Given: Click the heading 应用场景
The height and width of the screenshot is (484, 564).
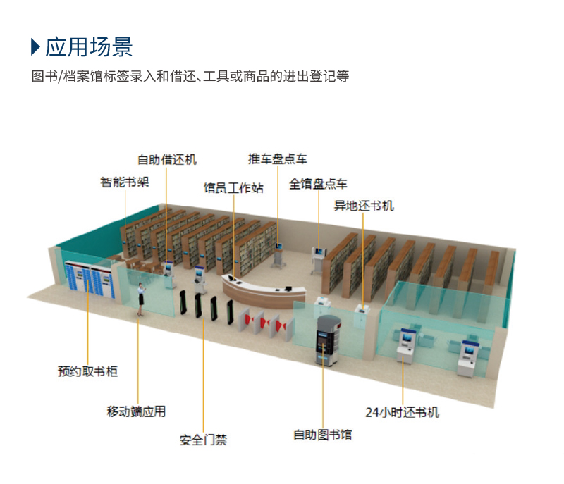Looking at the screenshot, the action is [x=89, y=47].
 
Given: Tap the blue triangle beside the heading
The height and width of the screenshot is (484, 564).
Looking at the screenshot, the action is [x=35, y=47].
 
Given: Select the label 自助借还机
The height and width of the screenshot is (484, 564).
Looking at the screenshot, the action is [x=167, y=159].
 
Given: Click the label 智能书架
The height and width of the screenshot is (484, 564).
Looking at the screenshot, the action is [x=125, y=182].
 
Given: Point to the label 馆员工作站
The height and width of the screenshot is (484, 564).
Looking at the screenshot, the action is [x=233, y=188].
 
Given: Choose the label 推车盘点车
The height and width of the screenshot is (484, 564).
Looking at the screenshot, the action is [x=278, y=159].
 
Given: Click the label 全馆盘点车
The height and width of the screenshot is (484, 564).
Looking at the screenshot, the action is [x=319, y=184].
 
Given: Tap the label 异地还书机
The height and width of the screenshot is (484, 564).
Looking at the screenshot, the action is [x=364, y=206].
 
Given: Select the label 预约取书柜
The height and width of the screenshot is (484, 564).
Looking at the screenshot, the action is [x=87, y=371].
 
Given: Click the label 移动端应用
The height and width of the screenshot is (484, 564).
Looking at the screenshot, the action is [x=136, y=411].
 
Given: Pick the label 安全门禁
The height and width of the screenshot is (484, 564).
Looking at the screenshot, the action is [x=204, y=440].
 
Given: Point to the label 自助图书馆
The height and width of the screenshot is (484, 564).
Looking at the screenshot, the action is [x=323, y=435].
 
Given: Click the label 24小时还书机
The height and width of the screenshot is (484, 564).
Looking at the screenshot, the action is [x=403, y=413].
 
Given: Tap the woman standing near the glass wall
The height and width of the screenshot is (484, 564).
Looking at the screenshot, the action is [x=140, y=299].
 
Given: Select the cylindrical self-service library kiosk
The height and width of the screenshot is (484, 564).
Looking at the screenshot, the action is [x=328, y=340].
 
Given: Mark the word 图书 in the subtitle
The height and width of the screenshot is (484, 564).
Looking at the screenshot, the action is [x=44, y=76].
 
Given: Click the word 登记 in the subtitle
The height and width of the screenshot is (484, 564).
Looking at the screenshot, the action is [x=323, y=76].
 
